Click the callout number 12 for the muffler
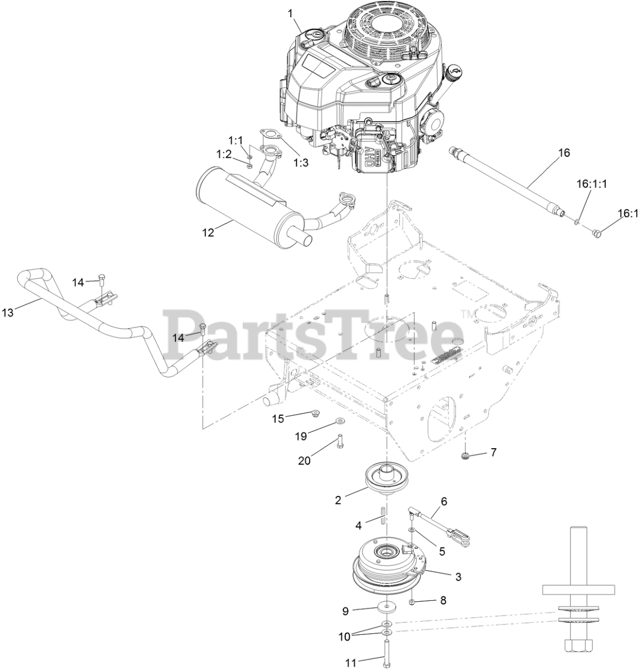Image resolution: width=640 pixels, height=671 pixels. [208, 233]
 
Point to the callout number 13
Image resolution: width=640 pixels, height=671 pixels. [8, 312]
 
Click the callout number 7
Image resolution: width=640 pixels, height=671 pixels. [493, 452]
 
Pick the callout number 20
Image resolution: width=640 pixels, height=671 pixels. [305, 460]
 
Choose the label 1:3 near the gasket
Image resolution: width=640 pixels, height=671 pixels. [301, 163]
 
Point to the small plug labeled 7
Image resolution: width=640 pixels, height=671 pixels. [464, 454]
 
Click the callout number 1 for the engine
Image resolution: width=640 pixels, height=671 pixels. [290, 13]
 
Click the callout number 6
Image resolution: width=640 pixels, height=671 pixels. [444, 501]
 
